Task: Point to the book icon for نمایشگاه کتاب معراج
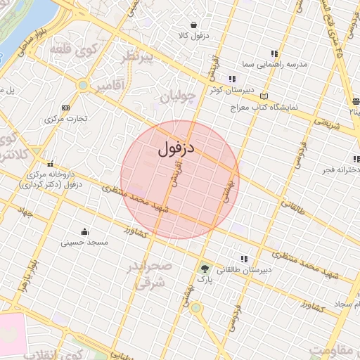point(264,96)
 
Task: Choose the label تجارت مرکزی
point(66,118)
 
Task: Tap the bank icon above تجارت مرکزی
point(65,108)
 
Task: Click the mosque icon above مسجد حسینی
point(85,232)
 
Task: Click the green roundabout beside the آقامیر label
point(84,85)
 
